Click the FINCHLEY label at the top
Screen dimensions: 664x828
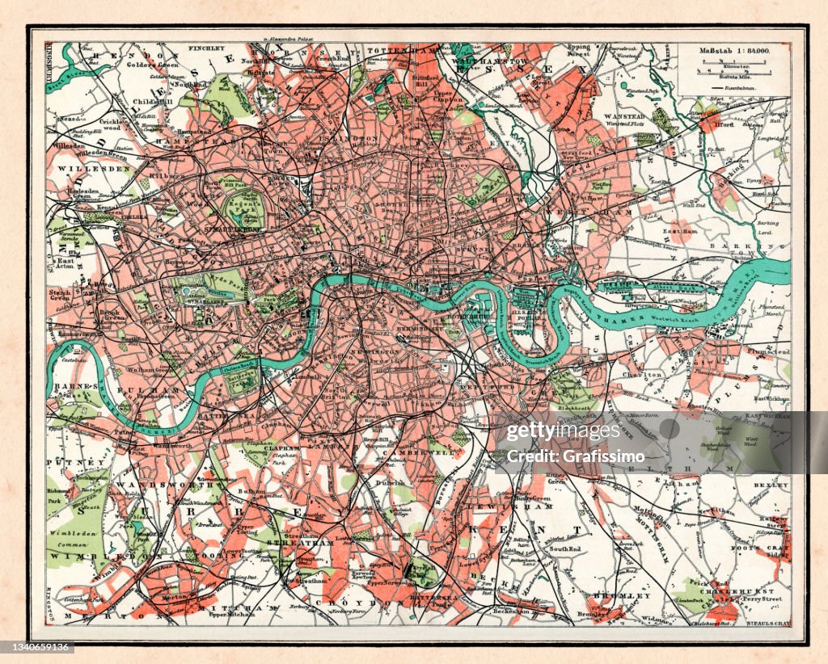206,49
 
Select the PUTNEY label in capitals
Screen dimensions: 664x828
65,462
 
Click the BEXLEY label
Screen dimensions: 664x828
770,485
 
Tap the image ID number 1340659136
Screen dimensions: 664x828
38,647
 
